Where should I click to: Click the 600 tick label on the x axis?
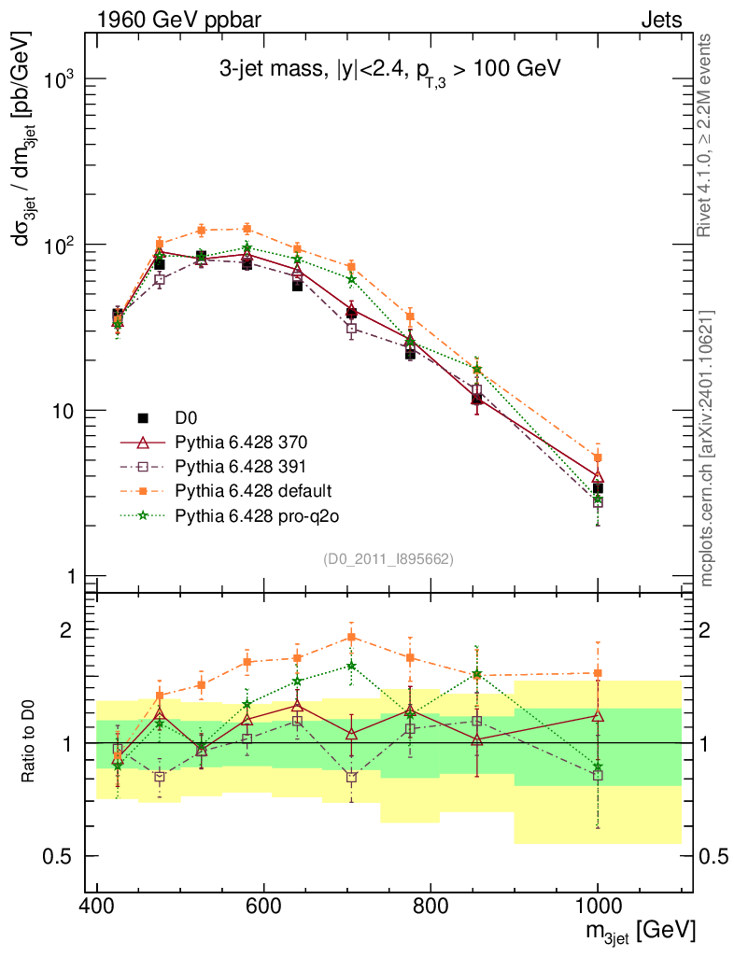(x=264, y=905)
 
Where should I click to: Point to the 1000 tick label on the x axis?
(x=598, y=905)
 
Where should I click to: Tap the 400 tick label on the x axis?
(x=97, y=905)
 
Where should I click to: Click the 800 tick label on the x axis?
(x=431, y=905)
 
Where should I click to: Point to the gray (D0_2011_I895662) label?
(x=388, y=559)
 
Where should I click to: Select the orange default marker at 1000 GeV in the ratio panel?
(x=598, y=673)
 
